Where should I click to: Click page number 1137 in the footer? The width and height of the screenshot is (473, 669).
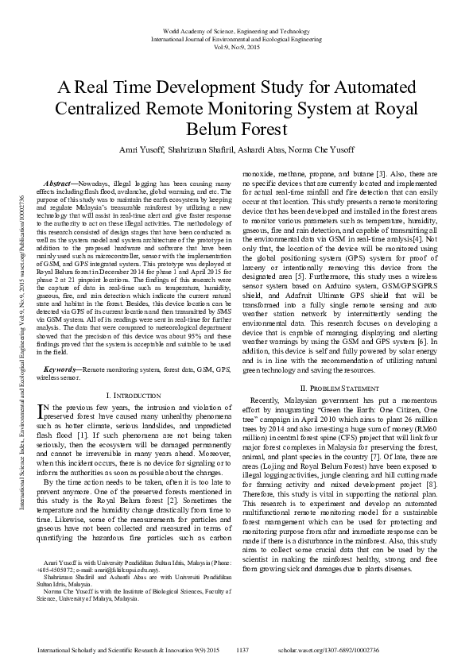point(244,650)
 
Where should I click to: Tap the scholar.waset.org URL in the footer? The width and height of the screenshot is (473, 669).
point(370,650)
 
